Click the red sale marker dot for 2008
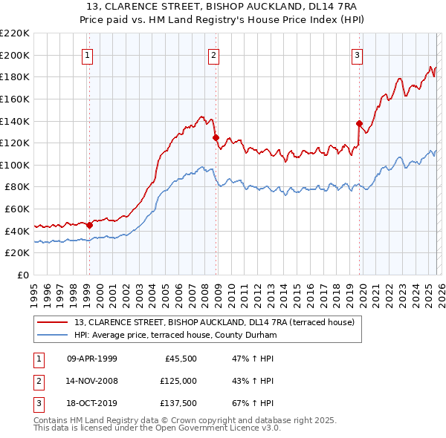pyautogui.click(x=216, y=137)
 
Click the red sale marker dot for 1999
pyautogui.click(x=89, y=225)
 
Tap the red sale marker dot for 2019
pyautogui.click(x=359, y=123)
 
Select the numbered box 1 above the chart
pyautogui.click(x=88, y=54)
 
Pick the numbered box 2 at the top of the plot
pyautogui.click(x=213, y=54)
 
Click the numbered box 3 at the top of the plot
pyautogui.click(x=357, y=54)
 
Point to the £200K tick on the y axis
pyautogui.click(x=15, y=55)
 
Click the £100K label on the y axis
pyautogui.click(x=15, y=165)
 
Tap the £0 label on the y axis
pyautogui.click(x=22, y=275)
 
